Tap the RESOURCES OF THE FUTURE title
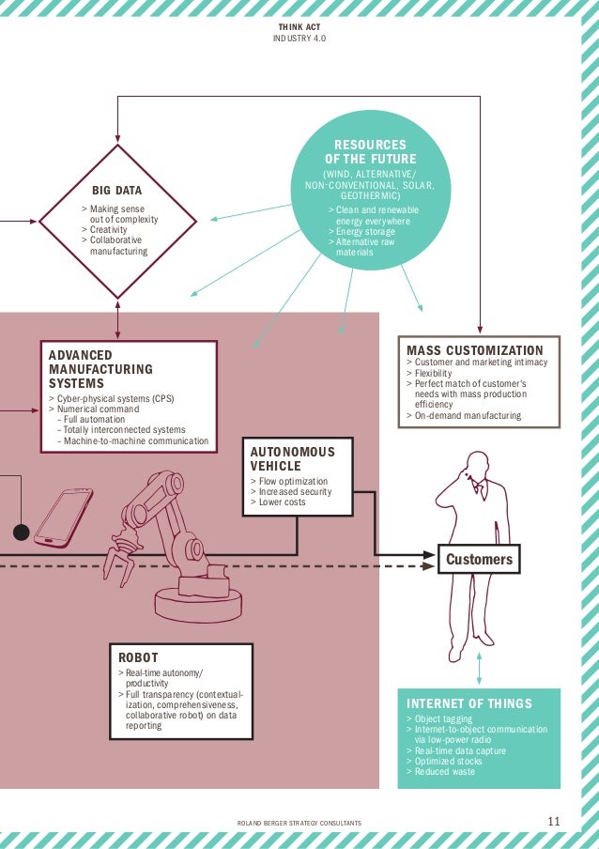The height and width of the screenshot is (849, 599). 370,152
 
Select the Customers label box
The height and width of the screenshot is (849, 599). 479,560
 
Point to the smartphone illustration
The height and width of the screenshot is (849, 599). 64,517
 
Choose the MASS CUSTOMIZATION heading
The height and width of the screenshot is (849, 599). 474,350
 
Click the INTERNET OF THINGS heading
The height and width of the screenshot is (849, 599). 468,703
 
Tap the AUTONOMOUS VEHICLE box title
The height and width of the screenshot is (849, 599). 292,458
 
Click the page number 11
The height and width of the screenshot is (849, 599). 553,823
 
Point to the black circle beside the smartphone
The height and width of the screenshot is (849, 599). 21,533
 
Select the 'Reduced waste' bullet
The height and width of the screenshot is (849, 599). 443,772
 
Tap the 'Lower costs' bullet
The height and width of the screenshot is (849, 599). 281,502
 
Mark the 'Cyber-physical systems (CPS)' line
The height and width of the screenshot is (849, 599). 114,398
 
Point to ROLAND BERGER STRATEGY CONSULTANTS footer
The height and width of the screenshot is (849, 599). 299,824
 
